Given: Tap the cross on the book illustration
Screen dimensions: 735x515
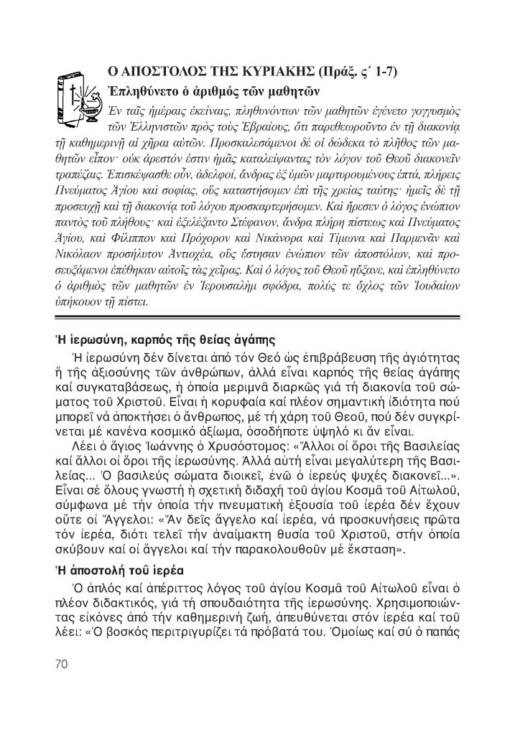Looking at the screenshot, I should tap(73, 93).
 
